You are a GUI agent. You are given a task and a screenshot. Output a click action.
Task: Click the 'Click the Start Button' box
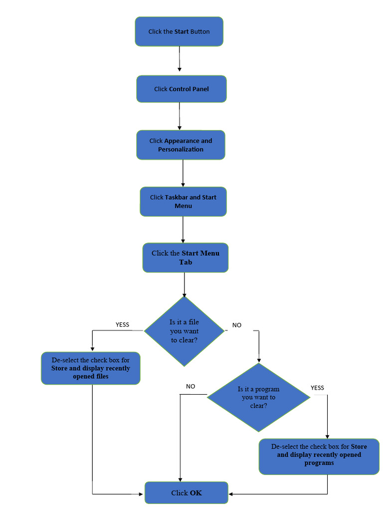(x=179, y=31)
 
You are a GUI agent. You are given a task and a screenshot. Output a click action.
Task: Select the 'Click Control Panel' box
(x=181, y=89)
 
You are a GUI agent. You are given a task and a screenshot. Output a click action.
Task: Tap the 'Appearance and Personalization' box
(x=181, y=145)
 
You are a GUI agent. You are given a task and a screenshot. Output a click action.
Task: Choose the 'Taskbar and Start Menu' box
(x=183, y=201)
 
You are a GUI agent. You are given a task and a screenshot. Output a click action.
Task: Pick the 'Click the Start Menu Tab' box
(x=185, y=257)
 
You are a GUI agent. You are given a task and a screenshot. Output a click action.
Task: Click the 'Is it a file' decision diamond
(x=184, y=331)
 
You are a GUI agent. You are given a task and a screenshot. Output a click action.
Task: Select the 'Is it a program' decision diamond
(x=258, y=397)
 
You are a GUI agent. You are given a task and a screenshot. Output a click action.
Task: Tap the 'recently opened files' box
(x=90, y=368)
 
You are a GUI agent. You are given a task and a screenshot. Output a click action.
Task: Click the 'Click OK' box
(x=186, y=493)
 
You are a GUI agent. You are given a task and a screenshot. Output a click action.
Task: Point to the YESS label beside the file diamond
(x=122, y=324)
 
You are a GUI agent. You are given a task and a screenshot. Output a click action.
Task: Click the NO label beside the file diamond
(x=237, y=325)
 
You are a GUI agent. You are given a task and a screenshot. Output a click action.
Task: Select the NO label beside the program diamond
(x=191, y=386)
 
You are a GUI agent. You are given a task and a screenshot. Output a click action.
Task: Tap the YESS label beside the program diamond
(x=317, y=388)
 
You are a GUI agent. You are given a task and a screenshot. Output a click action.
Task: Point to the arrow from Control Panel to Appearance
(x=180, y=116)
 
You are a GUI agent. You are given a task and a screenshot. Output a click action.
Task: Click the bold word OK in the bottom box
(x=195, y=493)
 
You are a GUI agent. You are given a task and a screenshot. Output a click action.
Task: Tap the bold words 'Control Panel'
(x=189, y=89)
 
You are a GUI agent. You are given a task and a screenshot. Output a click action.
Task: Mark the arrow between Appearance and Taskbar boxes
(x=183, y=173)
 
